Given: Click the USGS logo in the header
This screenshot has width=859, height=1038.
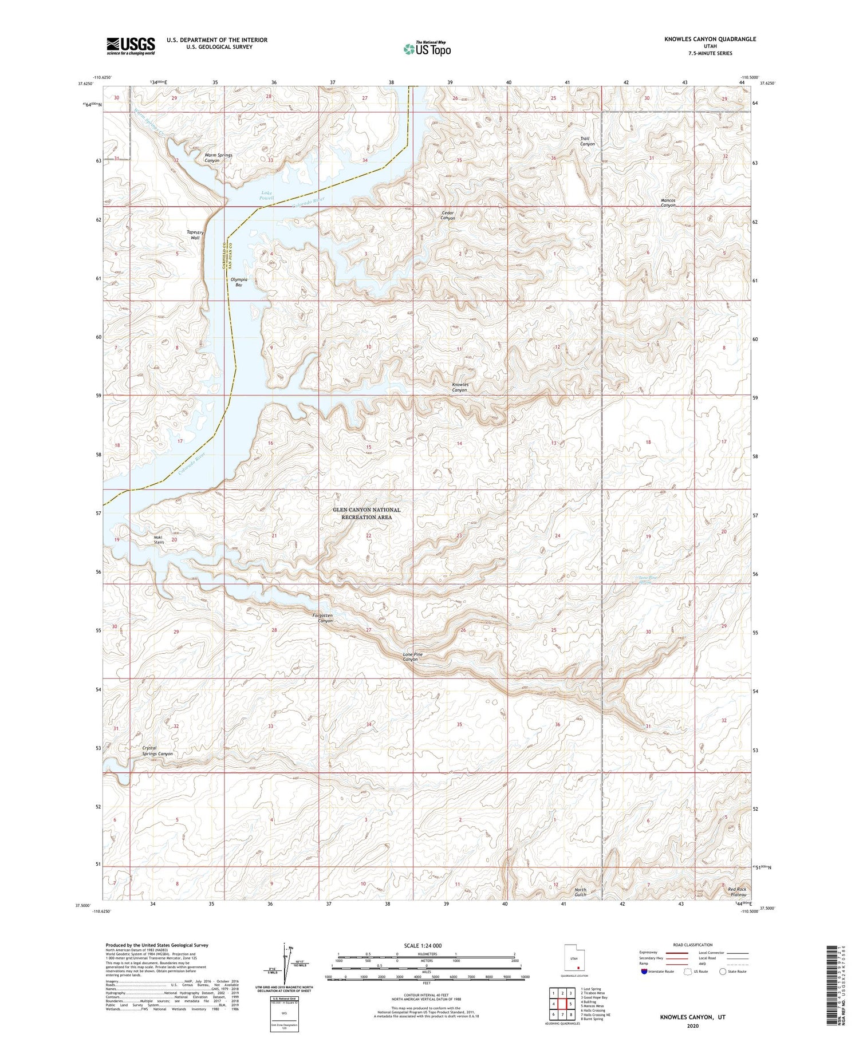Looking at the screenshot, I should point(131,46).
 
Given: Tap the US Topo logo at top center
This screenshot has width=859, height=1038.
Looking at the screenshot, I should point(427,49).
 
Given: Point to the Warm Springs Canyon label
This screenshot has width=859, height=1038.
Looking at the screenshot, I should point(218,157).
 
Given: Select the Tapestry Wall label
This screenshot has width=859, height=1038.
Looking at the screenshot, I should point(195,235).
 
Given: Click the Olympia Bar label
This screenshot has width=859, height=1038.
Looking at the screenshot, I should point(239,282).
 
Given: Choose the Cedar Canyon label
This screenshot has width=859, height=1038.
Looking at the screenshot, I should point(448,215).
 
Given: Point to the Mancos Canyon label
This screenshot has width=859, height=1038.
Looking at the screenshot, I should point(668,203).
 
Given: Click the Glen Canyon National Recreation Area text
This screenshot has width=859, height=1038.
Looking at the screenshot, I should point(367,513).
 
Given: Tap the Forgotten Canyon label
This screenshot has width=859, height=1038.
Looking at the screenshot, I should point(322,618).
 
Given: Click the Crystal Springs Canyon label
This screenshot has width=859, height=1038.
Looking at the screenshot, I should point(157,751).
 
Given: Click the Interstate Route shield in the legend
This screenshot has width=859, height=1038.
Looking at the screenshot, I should point(644,971).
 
